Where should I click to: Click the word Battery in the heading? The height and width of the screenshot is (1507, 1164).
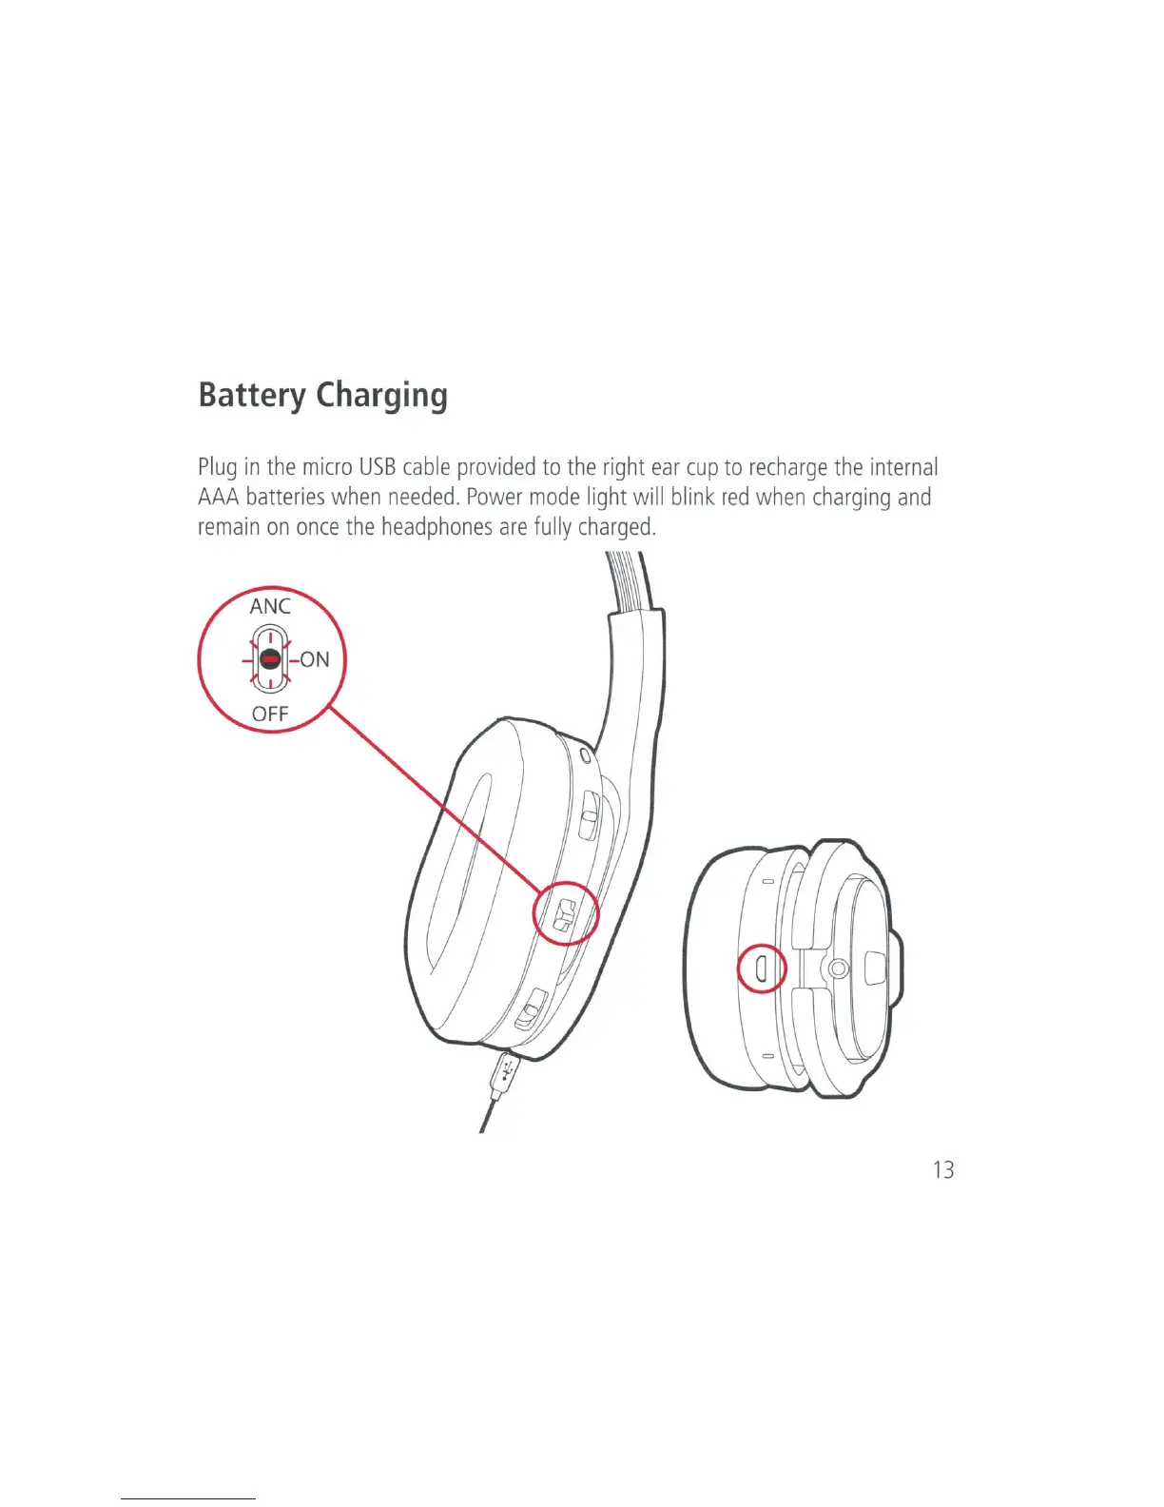click(x=252, y=395)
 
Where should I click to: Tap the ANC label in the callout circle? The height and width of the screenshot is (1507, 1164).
click(x=270, y=606)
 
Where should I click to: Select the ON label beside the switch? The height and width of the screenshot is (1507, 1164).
click(x=315, y=659)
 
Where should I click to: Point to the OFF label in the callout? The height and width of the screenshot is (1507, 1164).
click(x=270, y=714)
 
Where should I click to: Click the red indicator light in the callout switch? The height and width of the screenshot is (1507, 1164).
click(x=270, y=658)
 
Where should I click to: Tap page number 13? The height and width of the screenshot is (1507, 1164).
click(x=942, y=1170)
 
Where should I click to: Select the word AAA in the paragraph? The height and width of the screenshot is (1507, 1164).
click(x=218, y=498)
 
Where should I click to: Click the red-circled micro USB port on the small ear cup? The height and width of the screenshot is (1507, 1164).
click(x=761, y=968)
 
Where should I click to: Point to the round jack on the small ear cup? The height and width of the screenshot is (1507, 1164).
click(x=837, y=969)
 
